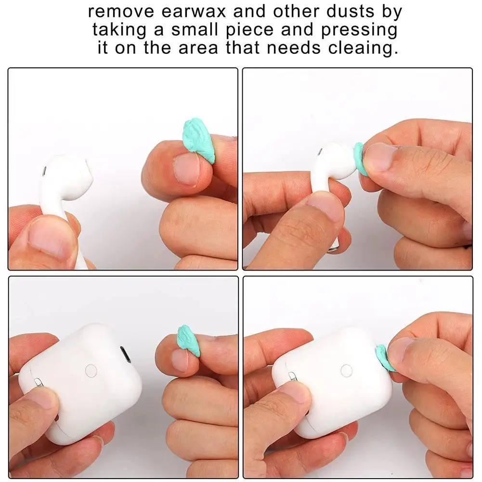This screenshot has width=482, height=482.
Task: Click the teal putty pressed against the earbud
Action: tap(360, 157)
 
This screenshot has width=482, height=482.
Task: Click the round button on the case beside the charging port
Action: tap(90, 370)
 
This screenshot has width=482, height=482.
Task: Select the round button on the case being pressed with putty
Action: tap(346, 370)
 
